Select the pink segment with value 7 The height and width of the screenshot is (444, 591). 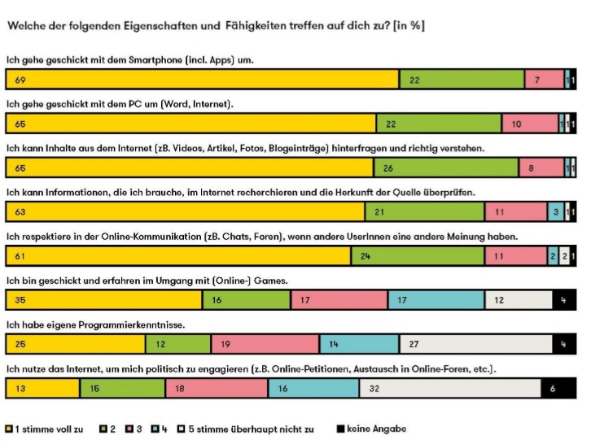545,80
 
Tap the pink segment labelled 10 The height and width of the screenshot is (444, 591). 529,124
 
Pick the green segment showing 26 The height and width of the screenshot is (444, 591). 446,168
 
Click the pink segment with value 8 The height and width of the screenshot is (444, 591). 541,168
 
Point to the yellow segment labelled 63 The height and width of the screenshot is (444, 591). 185,212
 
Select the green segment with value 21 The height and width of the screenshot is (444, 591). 424,212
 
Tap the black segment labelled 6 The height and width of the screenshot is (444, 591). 555,389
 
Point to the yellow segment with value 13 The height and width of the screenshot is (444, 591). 42,389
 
